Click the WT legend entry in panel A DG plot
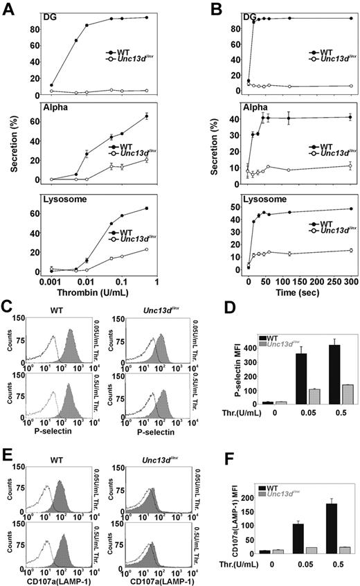pos(129,53)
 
